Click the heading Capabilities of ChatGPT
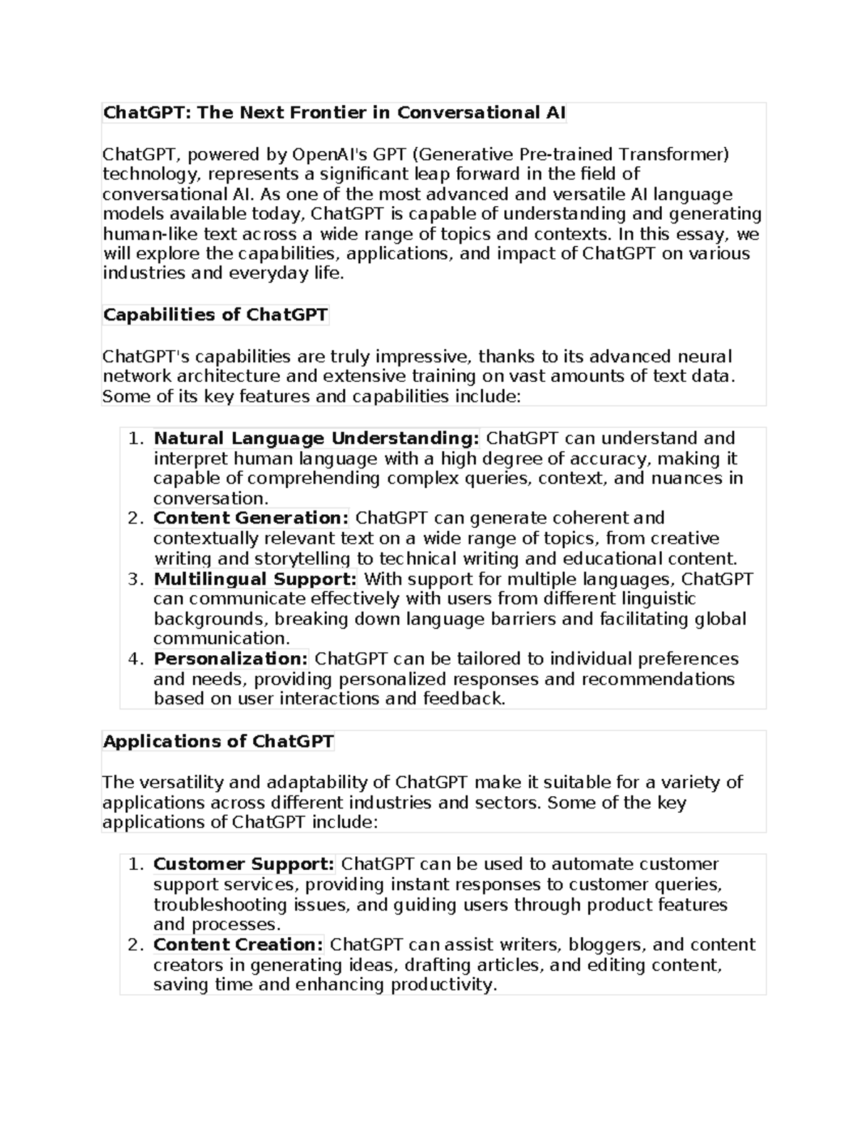pos(216,315)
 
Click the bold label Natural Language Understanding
pos(316,438)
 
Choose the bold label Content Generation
pos(251,518)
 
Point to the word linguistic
pos(655,599)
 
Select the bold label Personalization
pos(231,659)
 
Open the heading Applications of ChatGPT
pos(218,742)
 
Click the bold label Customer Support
pos(244,864)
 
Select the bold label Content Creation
pos(238,944)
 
